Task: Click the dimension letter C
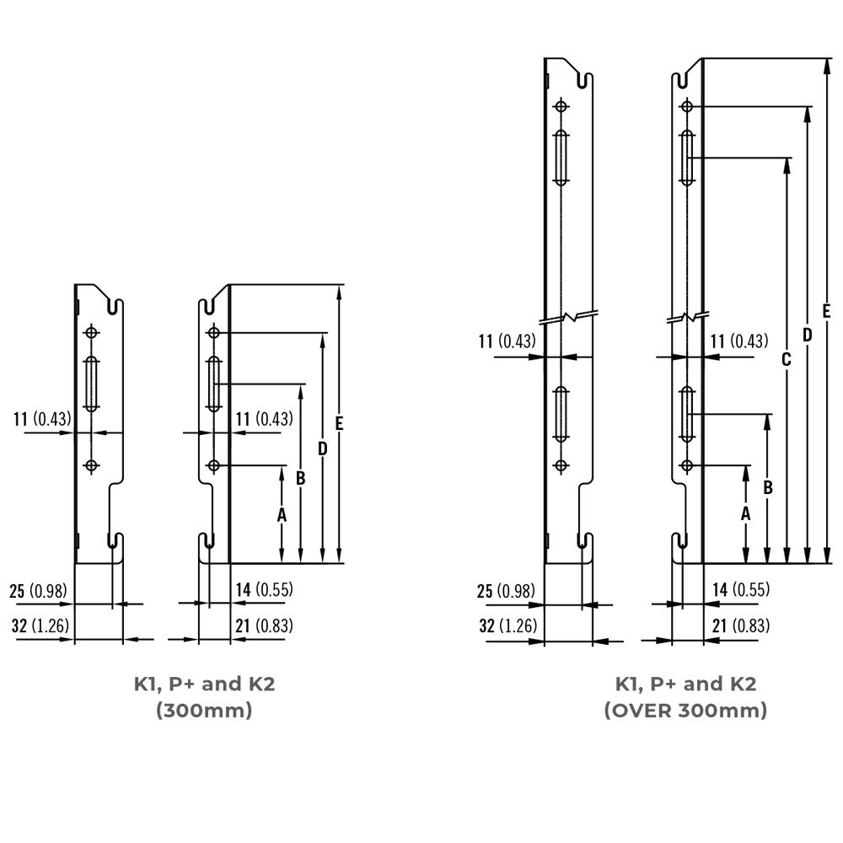tap(786, 360)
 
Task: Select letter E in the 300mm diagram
tap(339, 425)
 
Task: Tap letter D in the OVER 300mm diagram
tap(807, 335)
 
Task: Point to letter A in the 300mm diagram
tap(282, 513)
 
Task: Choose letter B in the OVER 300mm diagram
tap(767, 487)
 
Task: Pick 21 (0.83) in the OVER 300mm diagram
tap(741, 626)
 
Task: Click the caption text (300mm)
tap(204, 711)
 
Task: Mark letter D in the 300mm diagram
tap(322, 449)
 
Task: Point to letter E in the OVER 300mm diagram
tap(826, 310)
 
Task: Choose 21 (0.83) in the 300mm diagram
tap(264, 626)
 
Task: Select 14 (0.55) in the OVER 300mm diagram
tap(741, 590)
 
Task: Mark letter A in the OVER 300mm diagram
tap(746, 513)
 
